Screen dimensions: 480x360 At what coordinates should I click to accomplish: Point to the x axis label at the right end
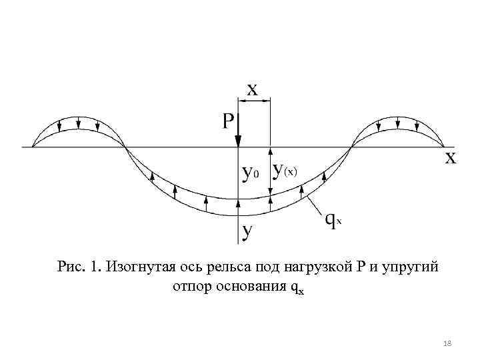(451, 159)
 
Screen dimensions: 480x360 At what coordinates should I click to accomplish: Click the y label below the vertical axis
(247, 231)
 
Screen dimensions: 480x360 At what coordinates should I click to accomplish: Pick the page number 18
(447, 343)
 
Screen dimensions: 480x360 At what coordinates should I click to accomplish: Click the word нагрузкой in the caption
(313, 268)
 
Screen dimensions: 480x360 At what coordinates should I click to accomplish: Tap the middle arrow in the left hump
(79, 124)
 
